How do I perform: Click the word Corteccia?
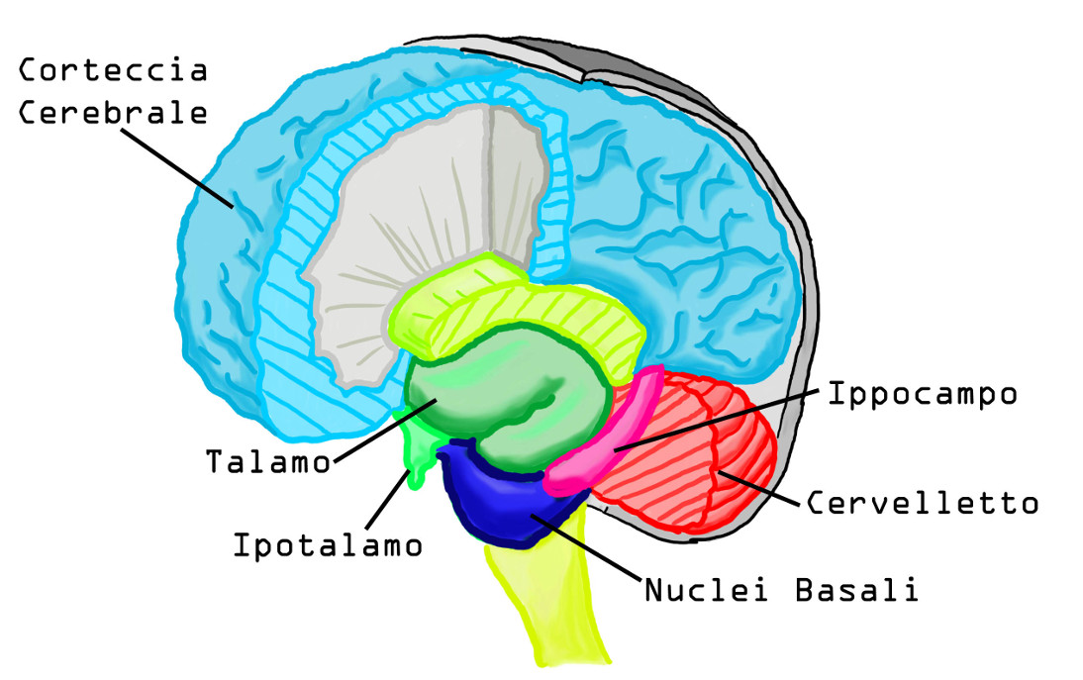(114, 71)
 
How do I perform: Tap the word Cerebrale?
(114, 112)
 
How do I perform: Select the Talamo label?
(268, 461)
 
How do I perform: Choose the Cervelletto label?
(923, 503)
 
